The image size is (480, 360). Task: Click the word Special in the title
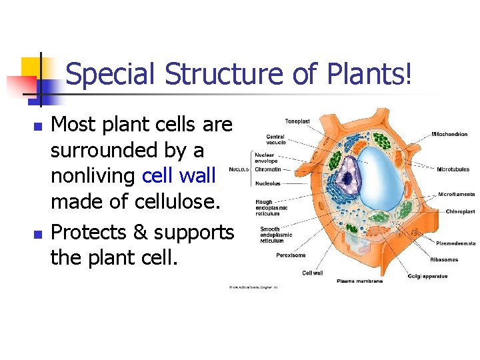coord(111,74)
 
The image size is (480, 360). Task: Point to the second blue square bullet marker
coord(37,234)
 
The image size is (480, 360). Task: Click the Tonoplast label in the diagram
coord(297,121)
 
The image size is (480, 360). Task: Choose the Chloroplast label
coord(460,211)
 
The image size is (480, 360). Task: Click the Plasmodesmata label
coord(455,243)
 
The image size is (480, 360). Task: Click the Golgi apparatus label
coord(427,276)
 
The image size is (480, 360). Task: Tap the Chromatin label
coord(268,169)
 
